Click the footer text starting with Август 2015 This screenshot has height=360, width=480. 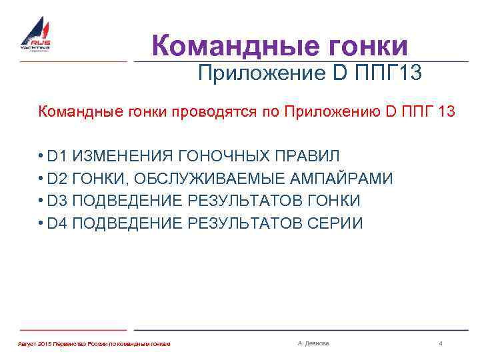coord(93,343)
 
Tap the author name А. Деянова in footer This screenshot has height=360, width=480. coord(313,343)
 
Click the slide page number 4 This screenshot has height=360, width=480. coord(441,343)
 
